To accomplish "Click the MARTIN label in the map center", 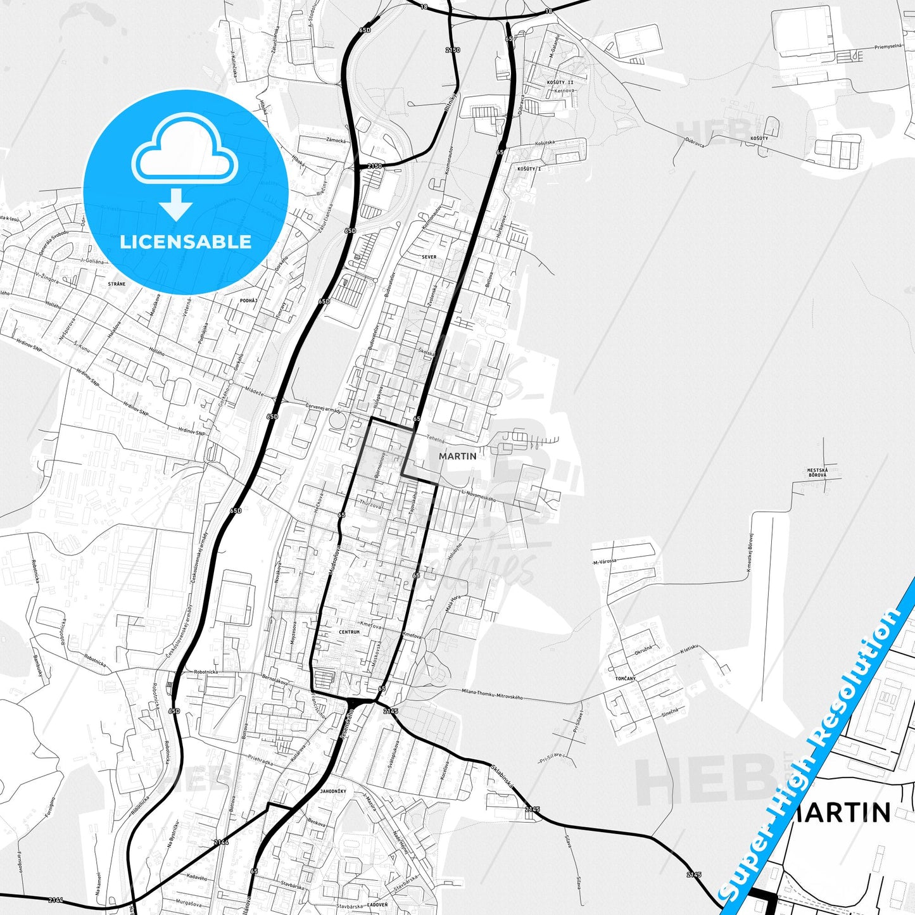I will [x=457, y=456].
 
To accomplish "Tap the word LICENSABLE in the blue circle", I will [x=186, y=242].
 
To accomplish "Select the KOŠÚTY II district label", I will [x=560, y=82].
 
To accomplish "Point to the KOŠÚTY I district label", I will [x=529, y=169].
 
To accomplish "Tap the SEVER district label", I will [x=429, y=257].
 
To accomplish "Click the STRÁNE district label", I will [x=117, y=284].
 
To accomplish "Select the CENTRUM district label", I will [x=350, y=632].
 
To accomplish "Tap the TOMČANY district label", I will [x=625, y=678].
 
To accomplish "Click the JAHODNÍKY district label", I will [x=333, y=792].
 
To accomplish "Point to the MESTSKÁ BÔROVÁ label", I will [x=817, y=472].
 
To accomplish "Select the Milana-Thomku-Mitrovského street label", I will [x=492, y=694].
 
